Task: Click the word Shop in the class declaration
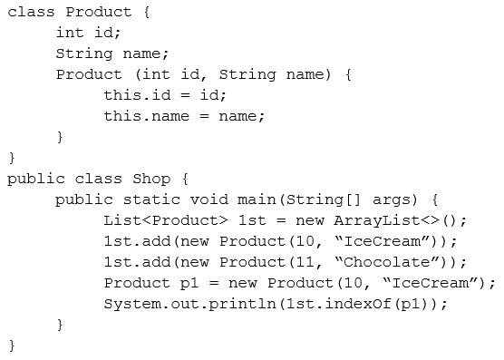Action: (151, 179)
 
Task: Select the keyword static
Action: (151, 199)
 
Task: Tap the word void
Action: (208, 199)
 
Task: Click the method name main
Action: (257, 199)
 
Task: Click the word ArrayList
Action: (377, 220)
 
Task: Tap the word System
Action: (132, 304)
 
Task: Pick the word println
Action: (242, 304)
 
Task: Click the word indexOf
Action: (358, 304)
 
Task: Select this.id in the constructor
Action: (137, 95)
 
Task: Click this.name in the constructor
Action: (147, 116)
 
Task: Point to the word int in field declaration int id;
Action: (70, 33)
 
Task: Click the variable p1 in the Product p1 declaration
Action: (189, 284)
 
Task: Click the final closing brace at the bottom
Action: (12, 345)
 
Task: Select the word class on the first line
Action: (31, 12)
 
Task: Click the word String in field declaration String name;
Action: (84, 54)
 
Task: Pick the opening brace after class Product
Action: (147, 12)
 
